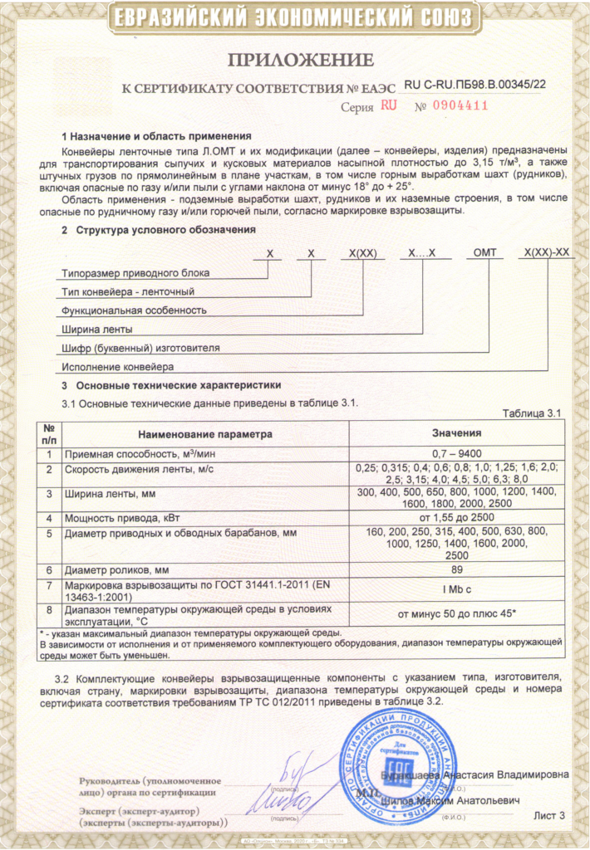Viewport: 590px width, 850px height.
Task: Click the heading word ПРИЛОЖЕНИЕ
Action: pyautogui.click(x=301, y=59)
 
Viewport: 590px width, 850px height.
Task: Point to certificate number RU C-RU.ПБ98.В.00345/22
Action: pyautogui.click(x=474, y=84)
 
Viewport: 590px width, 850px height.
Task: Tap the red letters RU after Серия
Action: pyautogui.click(x=389, y=105)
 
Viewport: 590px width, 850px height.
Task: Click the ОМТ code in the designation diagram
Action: pyautogui.click(x=483, y=254)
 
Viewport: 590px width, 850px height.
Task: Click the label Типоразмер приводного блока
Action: pyautogui.click(x=135, y=272)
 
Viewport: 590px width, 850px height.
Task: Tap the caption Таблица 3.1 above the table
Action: pyautogui.click(x=533, y=413)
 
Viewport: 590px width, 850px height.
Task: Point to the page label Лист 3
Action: pyautogui.click(x=548, y=816)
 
